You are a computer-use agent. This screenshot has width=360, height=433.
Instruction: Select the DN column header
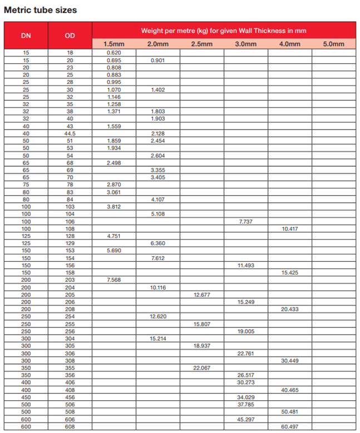[x=26, y=36]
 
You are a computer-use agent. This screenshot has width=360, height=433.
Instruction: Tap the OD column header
[x=70, y=36]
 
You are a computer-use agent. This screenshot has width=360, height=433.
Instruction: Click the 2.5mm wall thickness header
[x=202, y=44]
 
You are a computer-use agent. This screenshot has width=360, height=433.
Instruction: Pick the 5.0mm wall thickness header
[x=334, y=44]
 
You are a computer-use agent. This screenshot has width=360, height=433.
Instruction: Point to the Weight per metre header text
[x=224, y=31]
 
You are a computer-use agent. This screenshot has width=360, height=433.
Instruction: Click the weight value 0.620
[x=114, y=53]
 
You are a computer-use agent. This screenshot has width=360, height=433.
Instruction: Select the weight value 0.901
[x=157, y=60]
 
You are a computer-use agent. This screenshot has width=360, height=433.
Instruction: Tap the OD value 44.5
[x=70, y=133]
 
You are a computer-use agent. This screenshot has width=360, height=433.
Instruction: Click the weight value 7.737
[x=245, y=221]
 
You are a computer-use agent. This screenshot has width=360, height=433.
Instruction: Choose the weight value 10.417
[x=290, y=228]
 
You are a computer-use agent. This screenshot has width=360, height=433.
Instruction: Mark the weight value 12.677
[x=202, y=294]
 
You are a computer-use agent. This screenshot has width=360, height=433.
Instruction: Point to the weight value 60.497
[x=290, y=426]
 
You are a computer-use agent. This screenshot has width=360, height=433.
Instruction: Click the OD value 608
[x=70, y=426]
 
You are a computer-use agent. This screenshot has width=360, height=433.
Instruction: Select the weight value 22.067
[x=202, y=367]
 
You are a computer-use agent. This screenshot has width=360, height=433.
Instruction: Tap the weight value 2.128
[x=157, y=133]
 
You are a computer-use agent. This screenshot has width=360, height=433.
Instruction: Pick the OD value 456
[x=70, y=397]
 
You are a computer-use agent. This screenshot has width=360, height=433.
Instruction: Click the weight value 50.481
[x=290, y=411]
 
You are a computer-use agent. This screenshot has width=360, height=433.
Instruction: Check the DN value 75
[x=26, y=185]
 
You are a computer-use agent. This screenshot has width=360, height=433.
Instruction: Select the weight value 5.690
[x=114, y=251]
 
